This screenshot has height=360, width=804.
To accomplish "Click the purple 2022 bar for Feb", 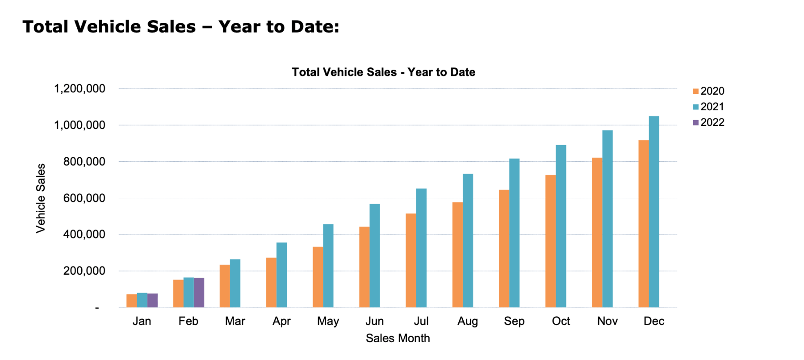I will point(199,293).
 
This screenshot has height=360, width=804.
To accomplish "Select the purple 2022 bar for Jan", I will point(152,300).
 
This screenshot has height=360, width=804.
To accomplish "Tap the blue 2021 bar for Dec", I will point(653,212).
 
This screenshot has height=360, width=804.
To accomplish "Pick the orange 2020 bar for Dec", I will point(643,224).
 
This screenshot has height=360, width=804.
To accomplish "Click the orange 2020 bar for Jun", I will point(364,267).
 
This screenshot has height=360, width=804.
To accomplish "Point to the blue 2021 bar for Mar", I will point(235,283).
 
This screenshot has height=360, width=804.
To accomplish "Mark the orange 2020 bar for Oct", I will point(550,241).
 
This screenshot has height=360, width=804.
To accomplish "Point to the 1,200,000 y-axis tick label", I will point(80,88).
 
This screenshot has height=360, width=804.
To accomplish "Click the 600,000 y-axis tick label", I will point(84,198).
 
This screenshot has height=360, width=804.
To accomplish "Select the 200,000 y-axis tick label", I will point(84,271).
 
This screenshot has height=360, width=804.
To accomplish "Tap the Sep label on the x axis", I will point(514,321).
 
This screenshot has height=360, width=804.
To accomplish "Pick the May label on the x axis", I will point(328,321).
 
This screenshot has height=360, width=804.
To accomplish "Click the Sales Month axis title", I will point(398,338).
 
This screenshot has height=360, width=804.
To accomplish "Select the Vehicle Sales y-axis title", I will point(41,198).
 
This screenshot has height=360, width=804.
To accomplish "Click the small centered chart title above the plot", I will point(383,72).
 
